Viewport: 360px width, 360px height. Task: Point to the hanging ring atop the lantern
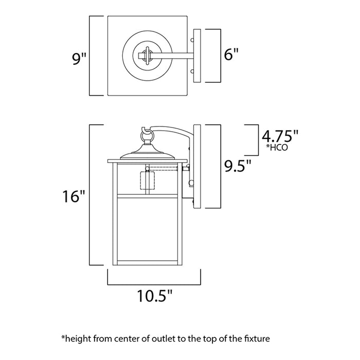[x=147, y=136]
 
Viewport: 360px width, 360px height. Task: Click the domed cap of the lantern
[x=148, y=153]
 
